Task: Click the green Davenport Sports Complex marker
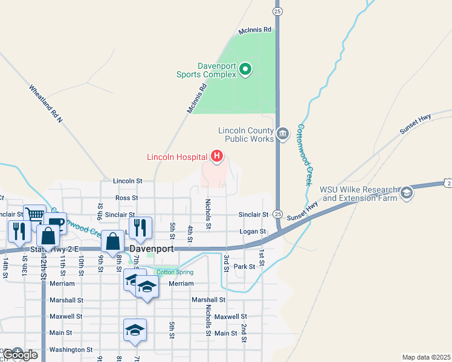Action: pyautogui.click(x=245, y=70)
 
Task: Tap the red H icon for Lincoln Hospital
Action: pyautogui.click(x=217, y=157)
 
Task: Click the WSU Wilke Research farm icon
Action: pyautogui.click(x=406, y=192)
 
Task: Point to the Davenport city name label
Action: pyautogui.click(x=152, y=249)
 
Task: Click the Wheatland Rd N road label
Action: pyautogui.click(x=46, y=104)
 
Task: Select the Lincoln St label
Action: pyautogui.click(x=128, y=180)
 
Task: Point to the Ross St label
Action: pyautogui.click(x=127, y=197)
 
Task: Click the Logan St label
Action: pyautogui.click(x=253, y=231)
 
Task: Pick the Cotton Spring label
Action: pyautogui.click(x=175, y=272)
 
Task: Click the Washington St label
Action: pyautogui.click(x=71, y=349)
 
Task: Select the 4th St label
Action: pyautogui.click(x=190, y=233)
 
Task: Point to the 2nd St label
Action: pyautogui.click(x=244, y=334)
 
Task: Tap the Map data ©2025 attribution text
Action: pyautogui.click(x=425, y=357)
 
